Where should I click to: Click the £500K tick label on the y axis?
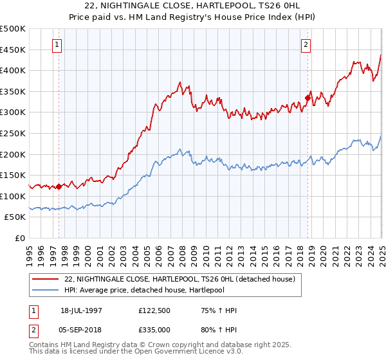(x=13, y=29)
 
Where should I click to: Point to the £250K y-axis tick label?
(x=13, y=133)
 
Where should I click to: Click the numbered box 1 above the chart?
(x=58, y=45)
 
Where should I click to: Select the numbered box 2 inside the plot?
(x=305, y=45)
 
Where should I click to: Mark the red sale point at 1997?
(x=59, y=187)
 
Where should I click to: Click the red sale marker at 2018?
(x=308, y=98)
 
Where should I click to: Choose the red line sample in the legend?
(x=46, y=279)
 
